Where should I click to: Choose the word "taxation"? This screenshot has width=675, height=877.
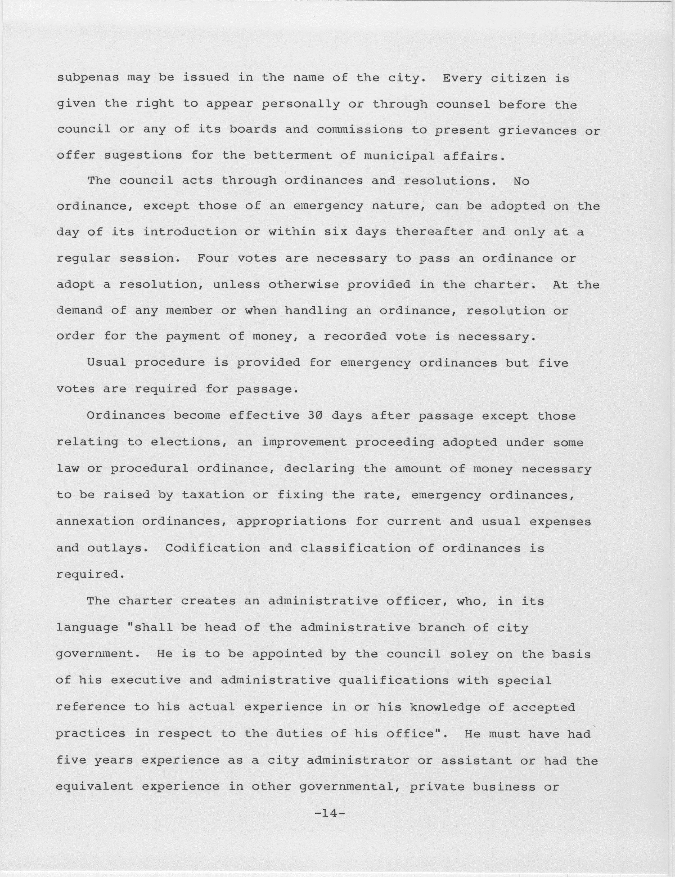click(213, 495)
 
